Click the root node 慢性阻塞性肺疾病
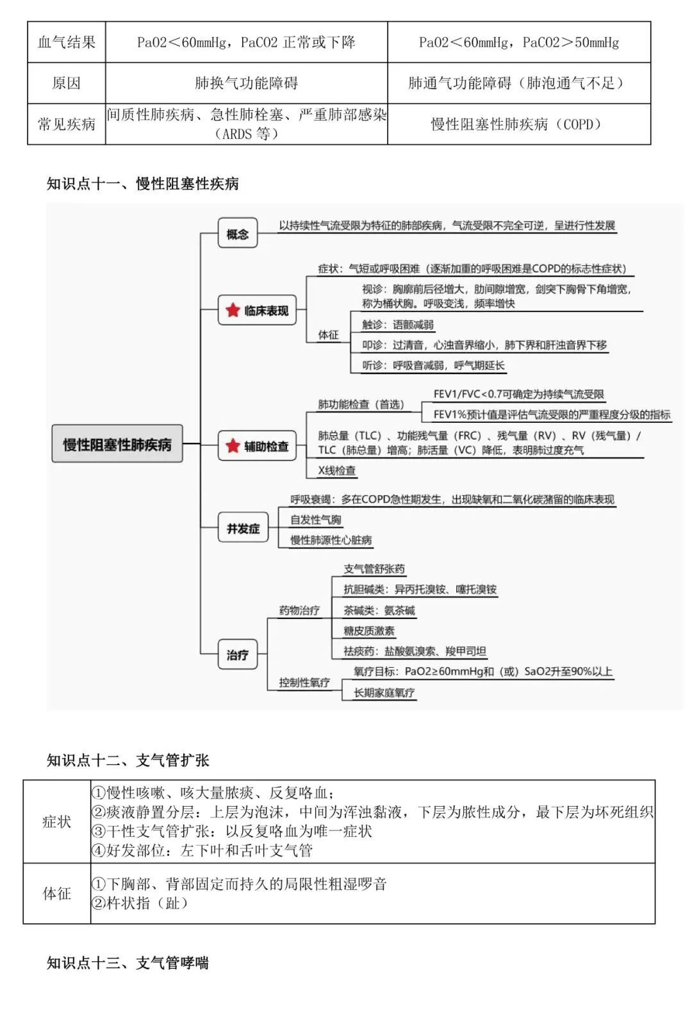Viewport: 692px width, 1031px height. pos(117,444)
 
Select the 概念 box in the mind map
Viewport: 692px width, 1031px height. pos(237,234)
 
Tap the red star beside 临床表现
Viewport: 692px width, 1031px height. pos(233,311)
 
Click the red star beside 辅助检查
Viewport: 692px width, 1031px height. pos(233,446)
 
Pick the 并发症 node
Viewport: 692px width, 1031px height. pos(243,529)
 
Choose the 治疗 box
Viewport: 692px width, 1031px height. pos(237,655)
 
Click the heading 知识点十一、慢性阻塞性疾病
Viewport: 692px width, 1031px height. pos(142,184)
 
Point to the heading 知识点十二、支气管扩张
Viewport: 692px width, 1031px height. pos(128,761)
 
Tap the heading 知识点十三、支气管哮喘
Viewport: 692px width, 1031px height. pos(128,963)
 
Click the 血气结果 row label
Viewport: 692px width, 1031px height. pos(67,42)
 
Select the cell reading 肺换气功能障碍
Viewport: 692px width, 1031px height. pos(246,83)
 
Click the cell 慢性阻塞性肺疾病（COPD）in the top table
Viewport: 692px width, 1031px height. pos(518,124)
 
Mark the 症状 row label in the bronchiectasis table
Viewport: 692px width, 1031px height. pos(56,821)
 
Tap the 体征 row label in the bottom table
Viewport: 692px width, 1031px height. pos(56,893)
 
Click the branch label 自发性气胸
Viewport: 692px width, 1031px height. pos(316,520)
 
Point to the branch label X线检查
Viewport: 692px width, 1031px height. pos(337,470)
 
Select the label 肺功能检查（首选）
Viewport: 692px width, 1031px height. pos(361,404)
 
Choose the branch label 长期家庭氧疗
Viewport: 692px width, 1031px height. pos(384,693)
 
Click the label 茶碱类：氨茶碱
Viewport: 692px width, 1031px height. pos(379,611)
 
